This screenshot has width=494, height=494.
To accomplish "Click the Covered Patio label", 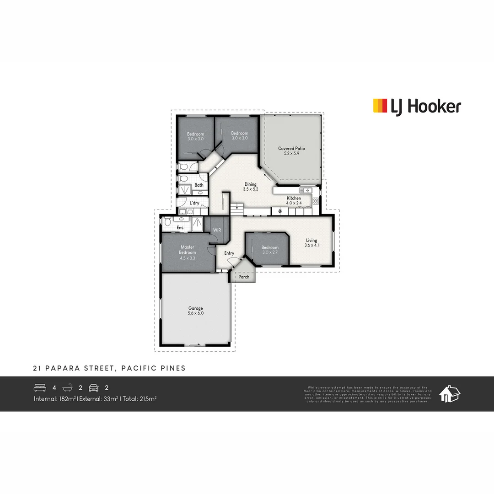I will (x=291, y=149).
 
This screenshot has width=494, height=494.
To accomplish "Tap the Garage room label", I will (x=195, y=308).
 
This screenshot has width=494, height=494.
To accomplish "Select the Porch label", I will (x=244, y=277).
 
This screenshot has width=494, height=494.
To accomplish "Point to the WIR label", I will (x=217, y=230).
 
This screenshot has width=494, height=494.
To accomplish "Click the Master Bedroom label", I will (x=188, y=250).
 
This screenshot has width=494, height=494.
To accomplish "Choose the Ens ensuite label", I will (x=180, y=227).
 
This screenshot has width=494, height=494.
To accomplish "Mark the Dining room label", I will (x=250, y=184).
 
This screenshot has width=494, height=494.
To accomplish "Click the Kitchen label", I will (x=294, y=198).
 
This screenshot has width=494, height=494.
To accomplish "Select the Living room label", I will (x=311, y=241).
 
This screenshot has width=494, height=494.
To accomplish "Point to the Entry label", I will (x=229, y=253).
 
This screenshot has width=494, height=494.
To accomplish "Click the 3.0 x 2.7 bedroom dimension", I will (x=270, y=252).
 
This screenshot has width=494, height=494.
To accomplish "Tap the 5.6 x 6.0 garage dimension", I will (x=195, y=313).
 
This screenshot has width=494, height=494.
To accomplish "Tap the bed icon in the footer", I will (x=40, y=388).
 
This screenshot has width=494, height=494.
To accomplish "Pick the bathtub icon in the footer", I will (x=68, y=388).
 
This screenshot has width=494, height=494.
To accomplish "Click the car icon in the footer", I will (x=94, y=388).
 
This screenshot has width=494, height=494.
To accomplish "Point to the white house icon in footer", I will (x=449, y=394).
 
